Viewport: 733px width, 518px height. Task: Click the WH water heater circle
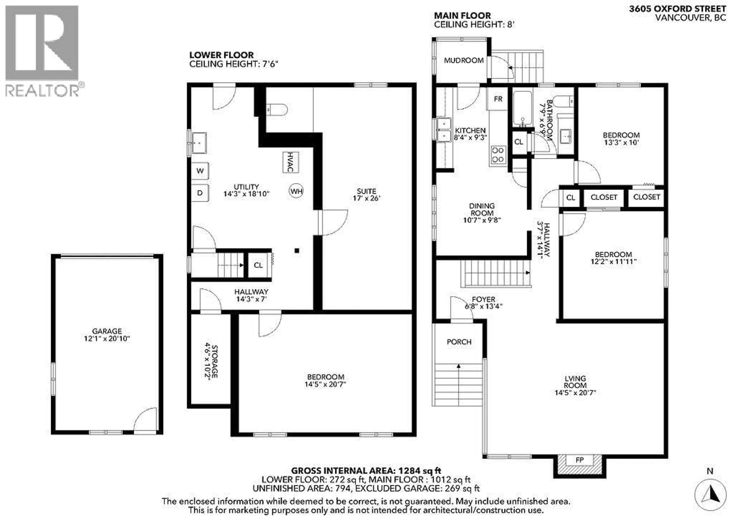[296, 191]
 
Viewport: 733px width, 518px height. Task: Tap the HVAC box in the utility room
[291, 162]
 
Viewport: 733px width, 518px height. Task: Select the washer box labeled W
[200, 171]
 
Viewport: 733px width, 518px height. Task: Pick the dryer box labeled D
[200, 193]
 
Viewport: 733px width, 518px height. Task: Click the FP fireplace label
[580, 460]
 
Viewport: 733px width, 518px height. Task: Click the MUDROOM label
[463, 60]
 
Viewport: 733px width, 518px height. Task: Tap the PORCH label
[459, 342]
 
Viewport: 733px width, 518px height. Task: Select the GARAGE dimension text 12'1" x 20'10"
[107, 339]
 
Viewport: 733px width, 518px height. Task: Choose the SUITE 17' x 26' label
[366, 194]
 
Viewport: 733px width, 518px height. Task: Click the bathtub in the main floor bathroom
[522, 109]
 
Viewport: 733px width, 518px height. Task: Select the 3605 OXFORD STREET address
[677, 9]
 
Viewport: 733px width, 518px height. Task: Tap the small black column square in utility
[297, 251]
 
